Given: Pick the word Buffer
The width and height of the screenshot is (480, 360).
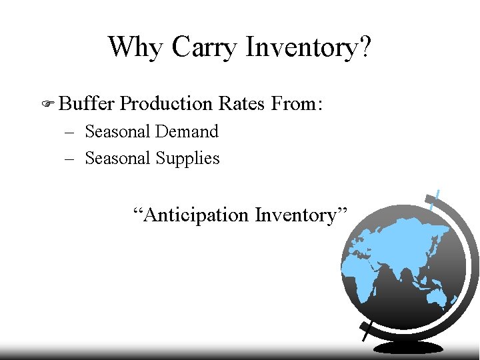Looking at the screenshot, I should (87, 103).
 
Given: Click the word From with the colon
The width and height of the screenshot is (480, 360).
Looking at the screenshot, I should (297, 103).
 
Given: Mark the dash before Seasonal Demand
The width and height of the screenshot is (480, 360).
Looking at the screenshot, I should (70, 132).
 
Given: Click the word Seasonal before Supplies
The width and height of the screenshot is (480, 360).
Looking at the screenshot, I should (117, 158).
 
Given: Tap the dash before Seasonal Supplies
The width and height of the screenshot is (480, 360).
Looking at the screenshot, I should (70, 159).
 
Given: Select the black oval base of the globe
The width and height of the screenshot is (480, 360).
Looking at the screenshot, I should (408, 347).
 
